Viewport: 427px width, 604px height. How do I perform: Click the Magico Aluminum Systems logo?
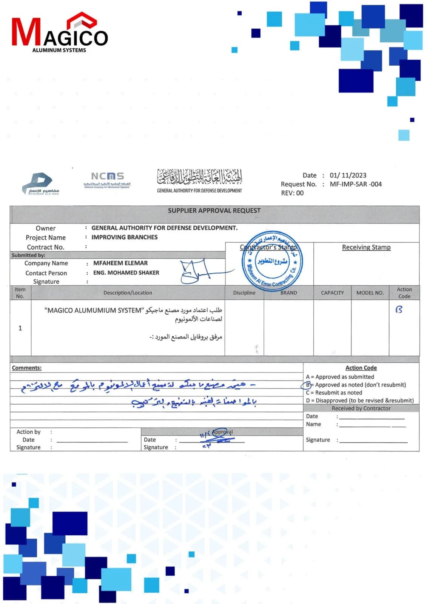pos(60,33)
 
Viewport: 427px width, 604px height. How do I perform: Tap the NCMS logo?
pos(107,180)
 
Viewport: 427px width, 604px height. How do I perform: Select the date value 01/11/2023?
pos(348,175)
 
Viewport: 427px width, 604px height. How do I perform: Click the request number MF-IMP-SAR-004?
pos(356,184)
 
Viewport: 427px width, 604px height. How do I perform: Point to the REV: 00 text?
pos(292,193)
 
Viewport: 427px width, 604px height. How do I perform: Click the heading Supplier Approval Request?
pos(214,211)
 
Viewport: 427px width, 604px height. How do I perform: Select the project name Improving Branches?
pos(124,237)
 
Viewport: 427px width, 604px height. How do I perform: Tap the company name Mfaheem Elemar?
pos(120,263)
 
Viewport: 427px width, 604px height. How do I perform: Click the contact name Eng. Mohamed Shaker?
pos(126,273)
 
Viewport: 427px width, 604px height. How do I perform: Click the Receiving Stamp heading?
pos(366,247)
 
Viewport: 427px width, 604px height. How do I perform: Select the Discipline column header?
pos(244,293)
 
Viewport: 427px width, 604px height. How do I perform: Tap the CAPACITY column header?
pos(332,293)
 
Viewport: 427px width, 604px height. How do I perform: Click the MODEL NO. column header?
pos(370,293)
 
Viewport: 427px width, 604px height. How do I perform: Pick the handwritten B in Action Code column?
pos(399,310)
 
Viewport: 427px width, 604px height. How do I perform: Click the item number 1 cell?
pos(20,328)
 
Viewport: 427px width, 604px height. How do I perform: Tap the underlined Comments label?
pos(26,368)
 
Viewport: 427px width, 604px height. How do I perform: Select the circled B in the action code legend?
pos(307,385)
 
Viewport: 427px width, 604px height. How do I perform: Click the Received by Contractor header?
pos(361,408)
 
